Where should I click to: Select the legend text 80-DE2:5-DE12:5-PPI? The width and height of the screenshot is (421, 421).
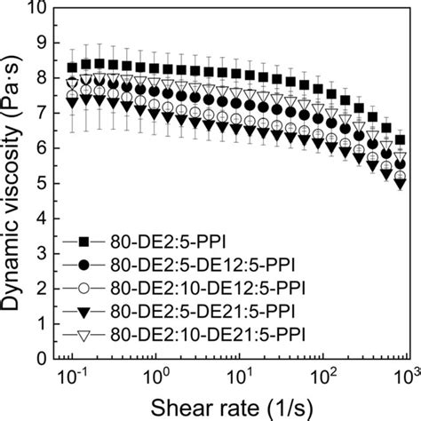[182, 266]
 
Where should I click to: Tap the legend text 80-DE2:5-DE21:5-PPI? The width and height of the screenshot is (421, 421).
[182, 312]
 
